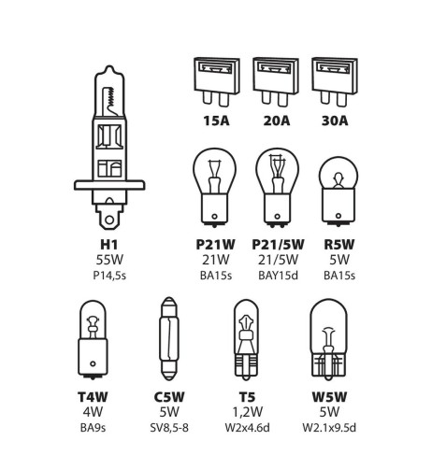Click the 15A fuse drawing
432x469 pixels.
pyautogui.click(x=217, y=81)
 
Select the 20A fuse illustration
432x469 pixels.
pyautogui.click(x=276, y=81)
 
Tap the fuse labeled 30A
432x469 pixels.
pyautogui.click(x=335, y=81)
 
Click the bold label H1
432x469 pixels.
pyautogui.click(x=109, y=245)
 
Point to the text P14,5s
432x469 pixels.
pyautogui.click(x=109, y=276)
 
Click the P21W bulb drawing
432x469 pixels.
pyautogui.click(x=214, y=188)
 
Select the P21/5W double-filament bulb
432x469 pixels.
pyautogui.click(x=277, y=188)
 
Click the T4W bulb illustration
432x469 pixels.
pyautogui.click(x=93, y=339)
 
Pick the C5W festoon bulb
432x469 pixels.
pyautogui.click(x=168, y=338)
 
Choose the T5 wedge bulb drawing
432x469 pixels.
pyautogui.click(x=246, y=339)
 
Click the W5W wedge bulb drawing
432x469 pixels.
pyautogui.click(x=328, y=339)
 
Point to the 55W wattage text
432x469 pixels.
pyautogui.click(x=109, y=260)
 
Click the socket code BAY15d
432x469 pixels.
pyautogui.click(x=278, y=276)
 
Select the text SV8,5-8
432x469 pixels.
pyautogui.click(x=169, y=428)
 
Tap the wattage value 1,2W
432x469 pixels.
pyautogui.click(x=248, y=412)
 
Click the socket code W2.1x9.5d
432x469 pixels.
pyautogui.click(x=329, y=428)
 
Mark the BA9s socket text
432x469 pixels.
pyautogui.click(x=93, y=428)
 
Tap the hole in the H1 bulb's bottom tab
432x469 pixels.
pyautogui.click(x=109, y=220)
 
